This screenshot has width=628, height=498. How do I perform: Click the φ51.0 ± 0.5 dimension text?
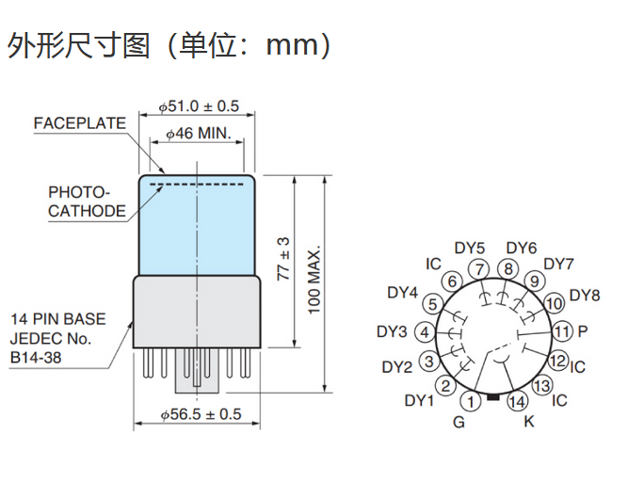(x=199, y=105)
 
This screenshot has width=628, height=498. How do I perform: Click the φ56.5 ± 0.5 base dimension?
(x=201, y=414)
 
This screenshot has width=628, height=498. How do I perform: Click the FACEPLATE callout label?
(x=80, y=123)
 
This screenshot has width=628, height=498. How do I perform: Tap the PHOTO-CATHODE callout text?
(x=86, y=201)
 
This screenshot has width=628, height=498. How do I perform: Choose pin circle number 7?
(x=481, y=270)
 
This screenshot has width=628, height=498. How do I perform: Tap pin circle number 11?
(x=561, y=331)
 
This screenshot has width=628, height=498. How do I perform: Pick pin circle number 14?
(x=518, y=402)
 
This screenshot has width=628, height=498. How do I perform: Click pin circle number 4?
(x=426, y=332)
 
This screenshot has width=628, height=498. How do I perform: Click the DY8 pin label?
(x=585, y=295)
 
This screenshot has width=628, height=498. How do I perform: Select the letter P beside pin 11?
(x=583, y=331)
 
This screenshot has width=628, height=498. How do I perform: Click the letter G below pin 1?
(x=459, y=422)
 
